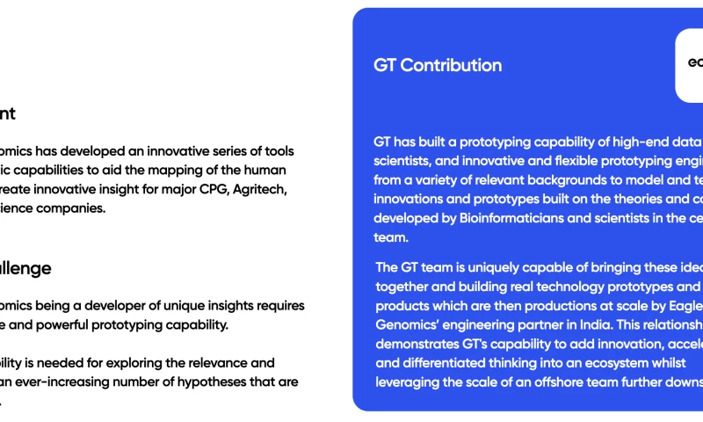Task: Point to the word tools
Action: [277, 151]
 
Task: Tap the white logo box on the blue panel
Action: [689, 66]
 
